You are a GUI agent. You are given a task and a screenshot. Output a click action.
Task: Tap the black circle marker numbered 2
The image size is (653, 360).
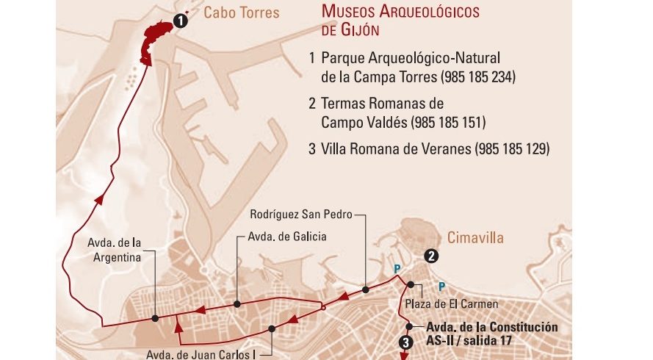click(432, 256)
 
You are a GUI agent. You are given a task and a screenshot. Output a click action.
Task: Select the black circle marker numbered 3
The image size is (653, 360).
click(405, 342)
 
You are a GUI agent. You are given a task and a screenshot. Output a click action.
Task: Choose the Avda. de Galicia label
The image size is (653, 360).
click(287, 237)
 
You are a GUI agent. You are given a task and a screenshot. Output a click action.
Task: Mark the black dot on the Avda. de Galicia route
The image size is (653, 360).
click(237, 303)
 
